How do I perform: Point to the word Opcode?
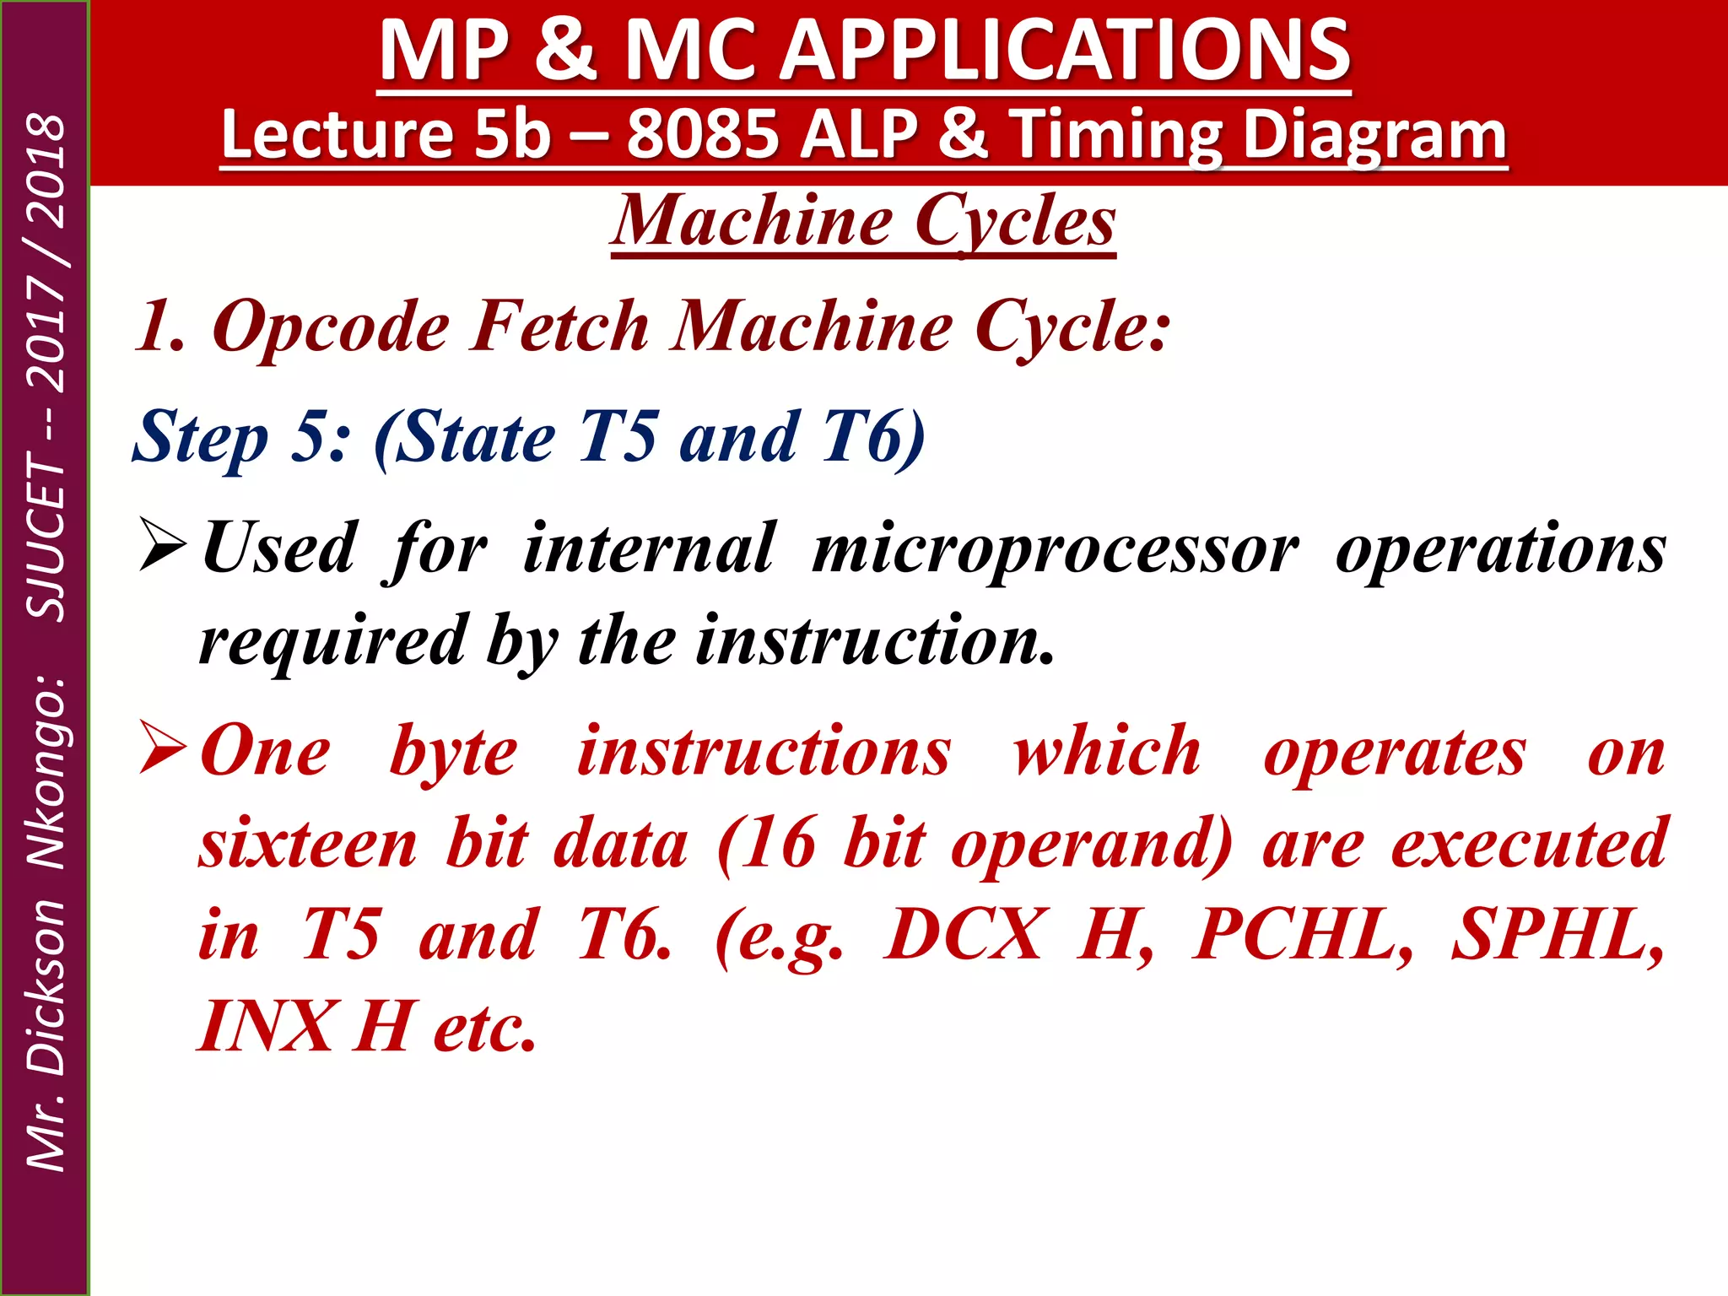click(x=331, y=327)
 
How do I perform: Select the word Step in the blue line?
click(x=200, y=437)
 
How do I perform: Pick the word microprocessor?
click(x=1055, y=549)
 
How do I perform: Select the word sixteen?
click(x=308, y=844)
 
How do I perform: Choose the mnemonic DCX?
click(x=963, y=935)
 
